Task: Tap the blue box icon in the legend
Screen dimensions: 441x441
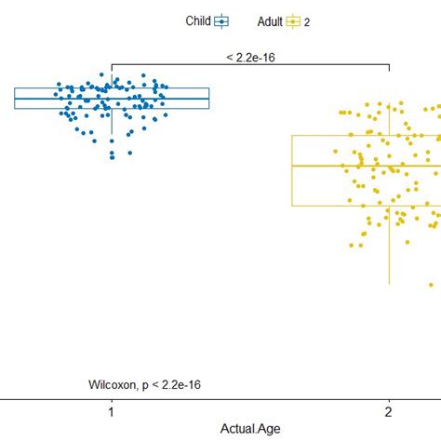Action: [221, 20]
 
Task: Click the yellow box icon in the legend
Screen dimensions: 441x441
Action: [293, 20]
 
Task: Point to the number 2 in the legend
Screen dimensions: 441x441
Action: [307, 21]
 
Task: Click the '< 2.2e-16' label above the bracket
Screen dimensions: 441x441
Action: [249, 57]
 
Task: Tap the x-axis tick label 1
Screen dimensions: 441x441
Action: [112, 412]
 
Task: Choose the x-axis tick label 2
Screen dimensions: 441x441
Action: [389, 412]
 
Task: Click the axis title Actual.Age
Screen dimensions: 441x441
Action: [250, 428]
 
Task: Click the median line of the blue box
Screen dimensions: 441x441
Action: [56, 99]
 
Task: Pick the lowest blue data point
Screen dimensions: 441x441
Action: [113, 155]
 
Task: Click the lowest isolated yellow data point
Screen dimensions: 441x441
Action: [432, 284]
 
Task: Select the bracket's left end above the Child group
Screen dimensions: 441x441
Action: [112, 69]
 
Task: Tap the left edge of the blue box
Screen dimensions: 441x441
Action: [15, 99]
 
